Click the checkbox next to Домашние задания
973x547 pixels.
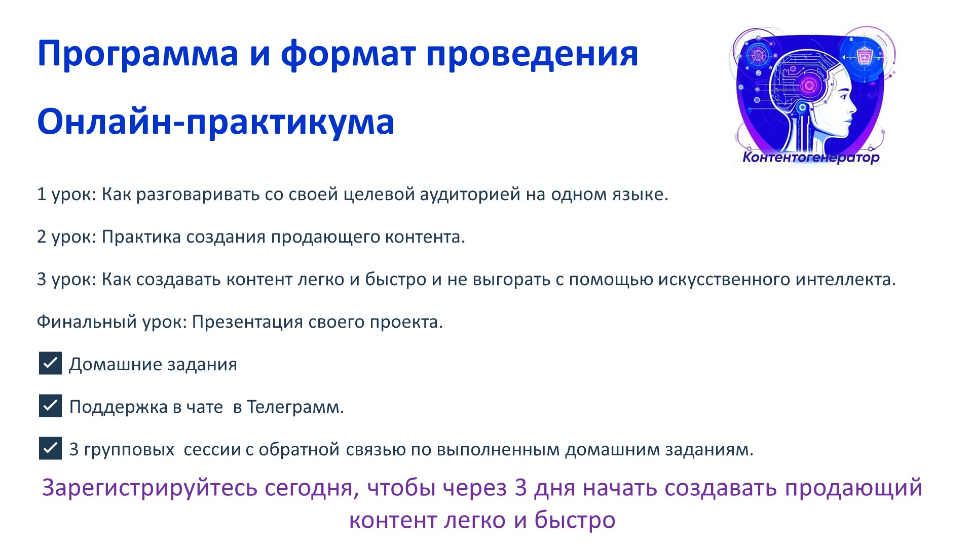(x=50, y=363)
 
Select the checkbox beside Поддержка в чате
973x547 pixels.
(x=50, y=406)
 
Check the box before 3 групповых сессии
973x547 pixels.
(x=50, y=448)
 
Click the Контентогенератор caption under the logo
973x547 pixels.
(x=811, y=157)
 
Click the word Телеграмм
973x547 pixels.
(x=295, y=407)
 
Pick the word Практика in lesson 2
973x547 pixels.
(x=141, y=237)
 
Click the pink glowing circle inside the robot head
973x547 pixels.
(x=809, y=85)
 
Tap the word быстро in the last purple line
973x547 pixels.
(x=575, y=520)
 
